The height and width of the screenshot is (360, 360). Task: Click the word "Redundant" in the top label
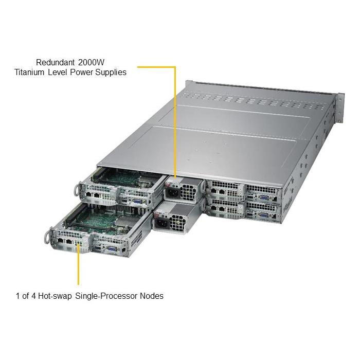coord(56,62)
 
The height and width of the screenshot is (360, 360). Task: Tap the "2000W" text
coord(91,62)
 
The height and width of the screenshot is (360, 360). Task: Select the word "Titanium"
coord(29,72)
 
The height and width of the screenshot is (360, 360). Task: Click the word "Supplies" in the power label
coord(111,73)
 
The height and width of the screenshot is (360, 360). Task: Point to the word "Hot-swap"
coord(55,296)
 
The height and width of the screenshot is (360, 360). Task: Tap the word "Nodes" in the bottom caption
coord(152,296)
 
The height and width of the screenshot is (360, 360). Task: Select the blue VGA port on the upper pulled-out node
coord(137,202)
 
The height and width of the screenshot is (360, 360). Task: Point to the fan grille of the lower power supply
coord(178,223)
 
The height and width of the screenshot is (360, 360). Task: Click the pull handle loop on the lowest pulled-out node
coord(47,238)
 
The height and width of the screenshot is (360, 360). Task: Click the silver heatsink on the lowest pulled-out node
coord(123,222)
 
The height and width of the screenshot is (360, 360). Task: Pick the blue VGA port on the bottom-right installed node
coord(263,215)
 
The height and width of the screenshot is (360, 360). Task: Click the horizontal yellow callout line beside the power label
coord(156,67)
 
